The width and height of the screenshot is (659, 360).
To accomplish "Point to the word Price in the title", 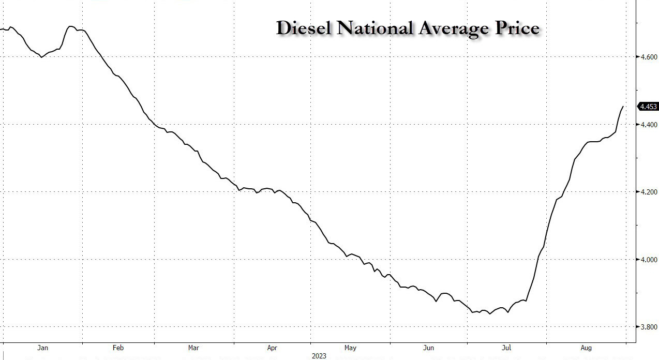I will coord(517,28).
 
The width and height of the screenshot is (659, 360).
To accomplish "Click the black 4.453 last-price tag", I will coord(648,107).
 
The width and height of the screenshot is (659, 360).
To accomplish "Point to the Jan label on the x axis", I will coord(42,348).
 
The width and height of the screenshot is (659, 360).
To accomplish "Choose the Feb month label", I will coord(117,348).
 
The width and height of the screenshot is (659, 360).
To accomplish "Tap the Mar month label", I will coord(193,348).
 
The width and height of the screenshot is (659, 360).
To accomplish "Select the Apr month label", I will coord(272,348).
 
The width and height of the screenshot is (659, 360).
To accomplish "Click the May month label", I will coord(350,348).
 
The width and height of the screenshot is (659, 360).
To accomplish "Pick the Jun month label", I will coord(429,348).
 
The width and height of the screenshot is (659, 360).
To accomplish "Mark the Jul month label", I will coord(506,348).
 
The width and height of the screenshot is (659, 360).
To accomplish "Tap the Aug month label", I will coord(586,348).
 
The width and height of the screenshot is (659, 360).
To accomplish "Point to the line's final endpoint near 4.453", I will coord(623,107).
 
